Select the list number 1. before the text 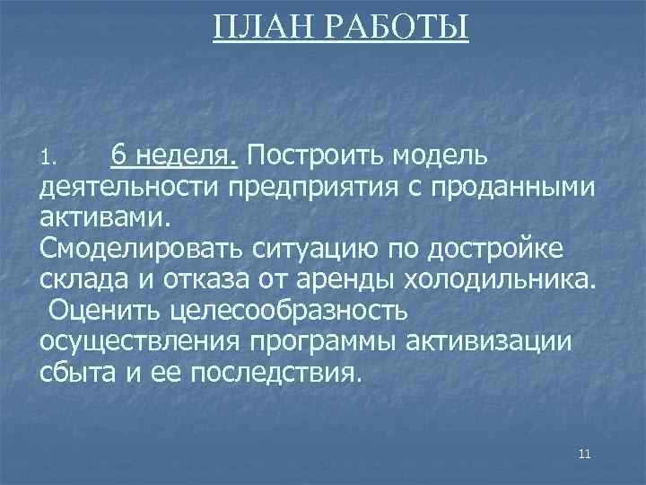(x=49, y=161)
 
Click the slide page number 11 (x=585, y=454)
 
